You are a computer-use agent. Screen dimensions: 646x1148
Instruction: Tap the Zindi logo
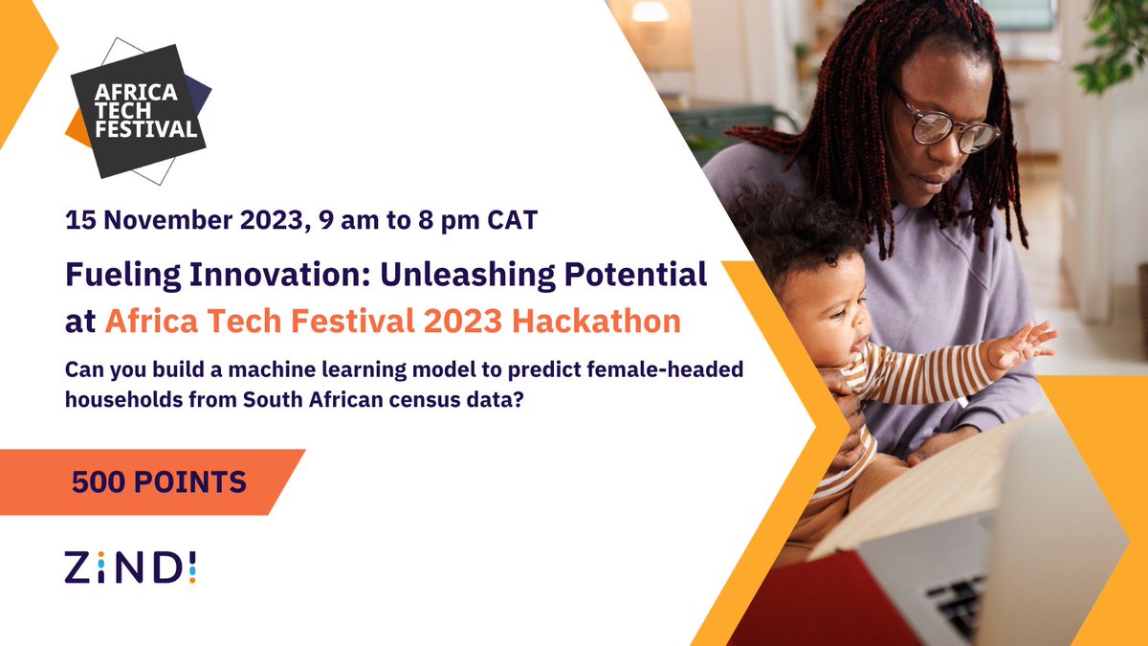point(131,567)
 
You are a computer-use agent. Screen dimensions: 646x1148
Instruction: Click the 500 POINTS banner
point(159,481)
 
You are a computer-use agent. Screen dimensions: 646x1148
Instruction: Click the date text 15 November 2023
point(172,219)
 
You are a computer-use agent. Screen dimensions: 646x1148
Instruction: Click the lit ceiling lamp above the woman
point(650,11)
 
